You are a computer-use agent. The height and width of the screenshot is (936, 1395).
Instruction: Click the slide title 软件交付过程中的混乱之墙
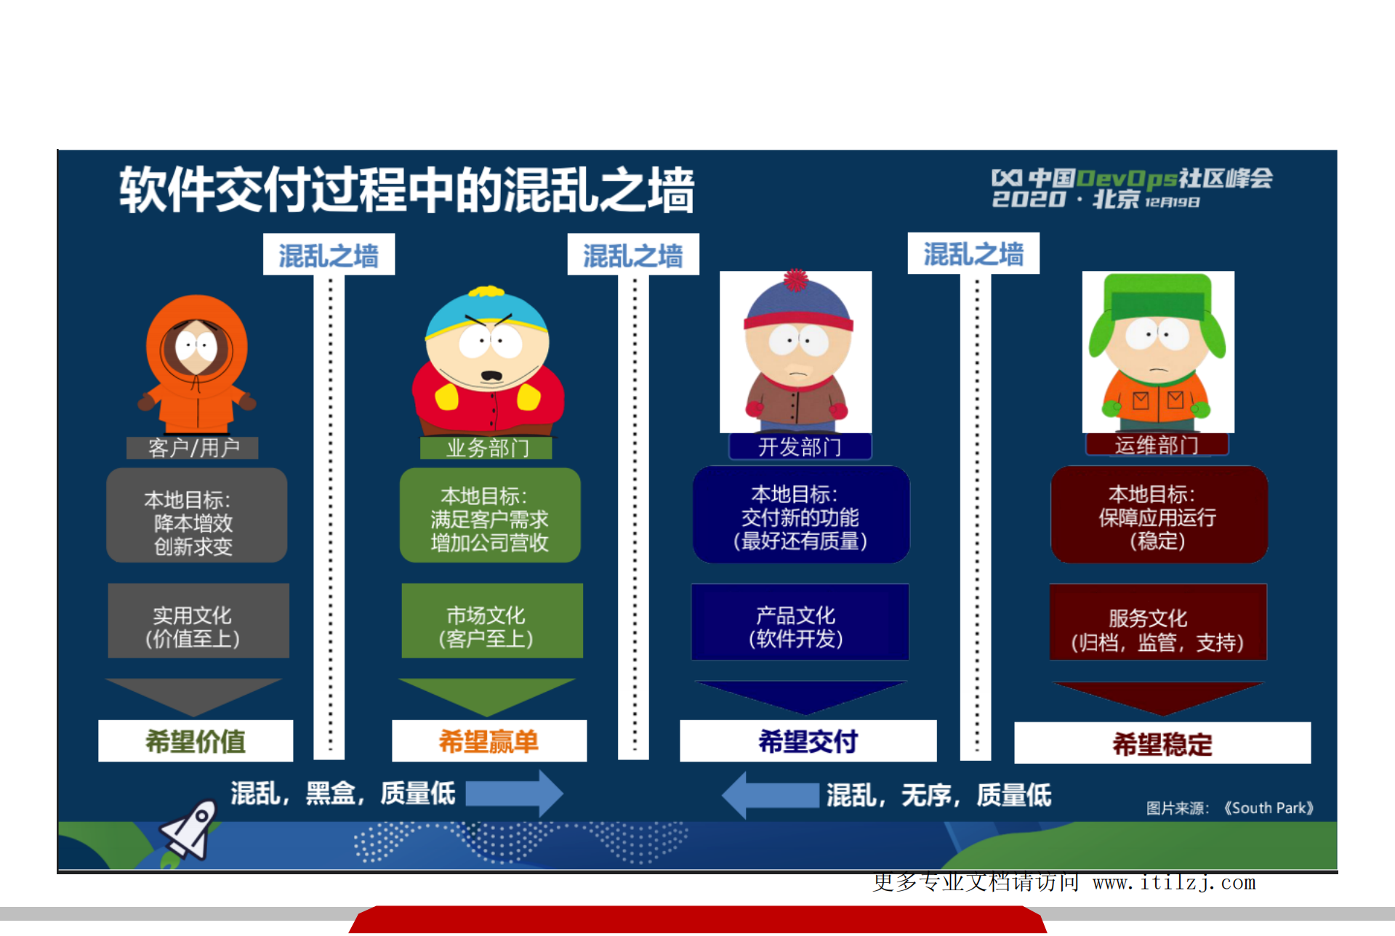(406, 190)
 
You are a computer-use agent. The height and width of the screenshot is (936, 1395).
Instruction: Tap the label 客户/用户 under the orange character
(193, 448)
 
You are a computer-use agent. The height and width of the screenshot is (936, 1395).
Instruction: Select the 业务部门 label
(486, 448)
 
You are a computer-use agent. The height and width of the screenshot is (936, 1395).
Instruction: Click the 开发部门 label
(800, 446)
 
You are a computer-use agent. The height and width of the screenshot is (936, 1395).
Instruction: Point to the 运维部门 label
(1157, 445)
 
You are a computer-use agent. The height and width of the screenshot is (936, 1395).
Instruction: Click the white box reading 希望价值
(196, 741)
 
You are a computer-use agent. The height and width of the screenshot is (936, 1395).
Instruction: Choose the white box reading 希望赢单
(489, 741)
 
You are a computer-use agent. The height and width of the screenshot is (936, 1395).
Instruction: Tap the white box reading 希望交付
(808, 741)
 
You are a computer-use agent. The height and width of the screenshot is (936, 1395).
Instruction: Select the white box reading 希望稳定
(1162, 743)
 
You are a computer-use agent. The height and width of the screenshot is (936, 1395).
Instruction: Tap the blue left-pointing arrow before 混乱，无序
(770, 795)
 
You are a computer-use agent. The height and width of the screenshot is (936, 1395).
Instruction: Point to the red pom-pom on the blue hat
(796, 280)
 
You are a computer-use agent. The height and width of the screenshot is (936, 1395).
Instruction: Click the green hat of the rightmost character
(1157, 297)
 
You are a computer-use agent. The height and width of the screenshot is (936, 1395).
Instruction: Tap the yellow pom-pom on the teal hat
(486, 292)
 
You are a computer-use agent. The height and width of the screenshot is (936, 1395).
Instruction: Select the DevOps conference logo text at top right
(1132, 188)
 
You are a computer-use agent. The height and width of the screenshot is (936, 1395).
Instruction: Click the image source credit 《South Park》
(1268, 808)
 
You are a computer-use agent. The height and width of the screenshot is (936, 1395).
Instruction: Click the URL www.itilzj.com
(1174, 883)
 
